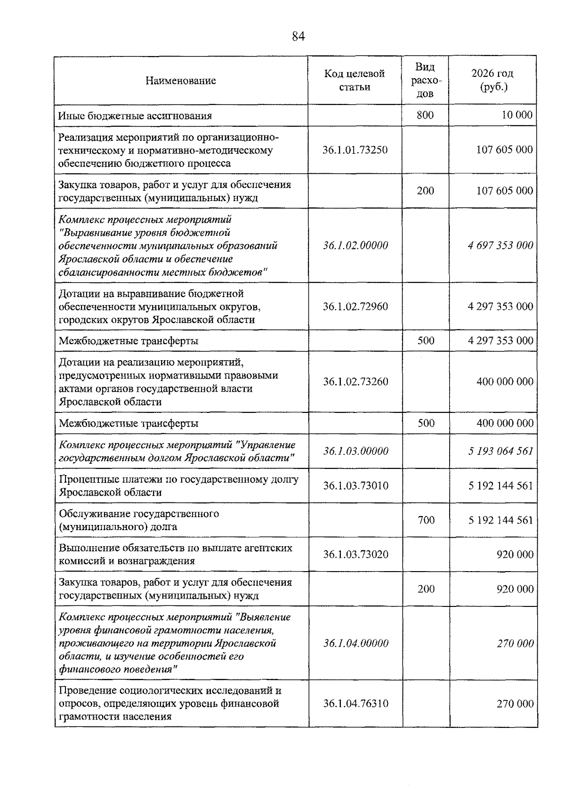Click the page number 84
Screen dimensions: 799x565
coord(299,36)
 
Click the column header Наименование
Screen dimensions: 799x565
coord(181,81)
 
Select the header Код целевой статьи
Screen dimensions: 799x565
coord(355,80)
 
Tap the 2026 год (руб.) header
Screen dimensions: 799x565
coord(492,80)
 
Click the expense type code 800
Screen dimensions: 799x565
coord(425,115)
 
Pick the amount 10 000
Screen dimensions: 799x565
coord(517,115)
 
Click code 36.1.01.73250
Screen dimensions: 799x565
coord(355,150)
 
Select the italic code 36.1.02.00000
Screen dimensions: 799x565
coord(355,245)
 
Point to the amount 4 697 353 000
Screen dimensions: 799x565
coord(500,245)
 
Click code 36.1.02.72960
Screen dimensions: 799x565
coord(355,307)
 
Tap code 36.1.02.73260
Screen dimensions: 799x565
coord(355,381)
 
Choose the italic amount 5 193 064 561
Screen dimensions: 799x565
coord(500,451)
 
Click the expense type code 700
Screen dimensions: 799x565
coord(426,520)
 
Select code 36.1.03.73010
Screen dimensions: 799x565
coord(355,485)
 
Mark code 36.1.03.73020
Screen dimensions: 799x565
coord(355,554)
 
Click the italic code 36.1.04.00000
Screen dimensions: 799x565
coord(355,643)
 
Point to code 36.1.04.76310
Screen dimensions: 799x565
coord(355,703)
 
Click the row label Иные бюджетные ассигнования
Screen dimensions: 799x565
coord(135,115)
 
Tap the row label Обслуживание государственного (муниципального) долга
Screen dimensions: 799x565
coord(139,520)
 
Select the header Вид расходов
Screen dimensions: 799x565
coord(425,80)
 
